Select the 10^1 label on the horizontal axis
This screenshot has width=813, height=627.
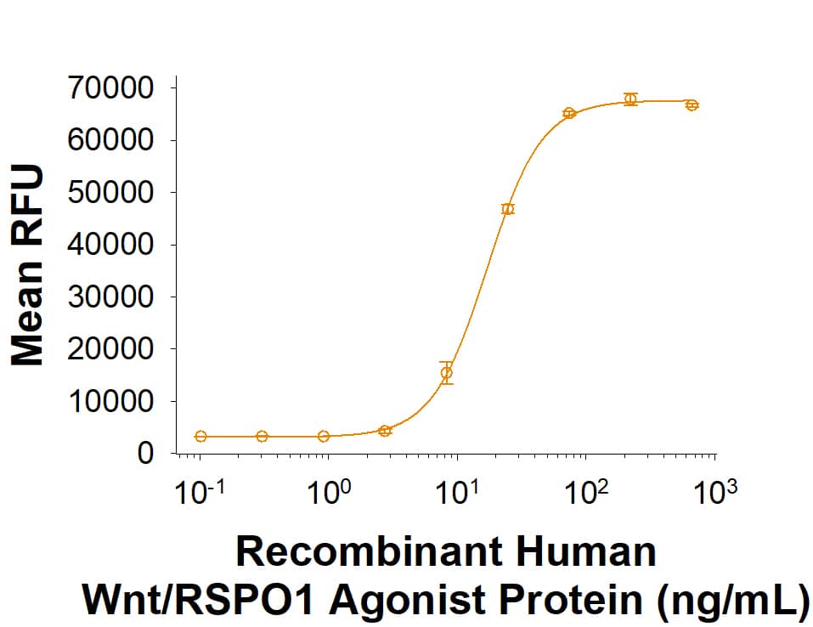pos(457,494)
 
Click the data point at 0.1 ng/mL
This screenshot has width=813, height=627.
pos(200,437)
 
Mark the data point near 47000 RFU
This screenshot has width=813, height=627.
pos(508,209)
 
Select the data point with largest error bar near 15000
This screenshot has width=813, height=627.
pos(447,372)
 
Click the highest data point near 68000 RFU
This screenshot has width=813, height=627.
pos(630,99)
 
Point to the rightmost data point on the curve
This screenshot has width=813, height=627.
pos(692,105)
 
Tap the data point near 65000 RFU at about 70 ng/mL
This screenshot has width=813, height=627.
pos(569,113)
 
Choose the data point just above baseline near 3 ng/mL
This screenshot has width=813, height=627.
pos(385,431)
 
